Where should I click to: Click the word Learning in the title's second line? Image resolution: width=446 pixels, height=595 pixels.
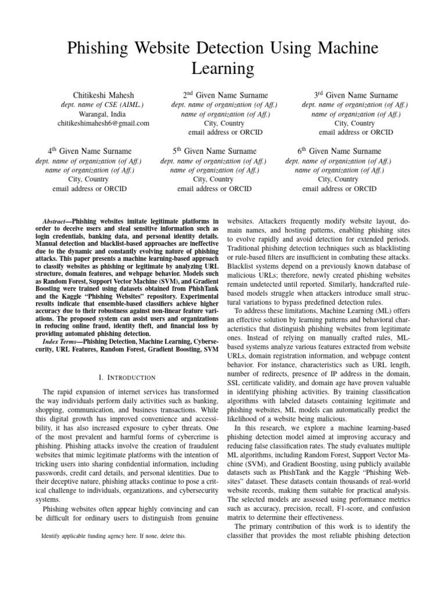tap(222, 69)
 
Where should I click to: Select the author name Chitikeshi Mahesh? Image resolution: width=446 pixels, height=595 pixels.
tap(103, 95)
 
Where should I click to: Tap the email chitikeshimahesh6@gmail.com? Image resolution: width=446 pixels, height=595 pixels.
tap(103, 123)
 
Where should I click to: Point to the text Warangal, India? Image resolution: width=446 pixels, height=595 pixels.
tap(103, 114)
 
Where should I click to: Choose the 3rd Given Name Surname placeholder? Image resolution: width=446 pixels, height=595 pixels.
tap(355, 95)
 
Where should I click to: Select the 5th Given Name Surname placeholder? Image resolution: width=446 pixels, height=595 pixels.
tap(214, 151)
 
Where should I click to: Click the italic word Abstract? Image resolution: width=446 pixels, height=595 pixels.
tap(56, 222)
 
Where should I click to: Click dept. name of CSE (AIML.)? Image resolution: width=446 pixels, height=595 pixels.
tap(103, 105)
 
